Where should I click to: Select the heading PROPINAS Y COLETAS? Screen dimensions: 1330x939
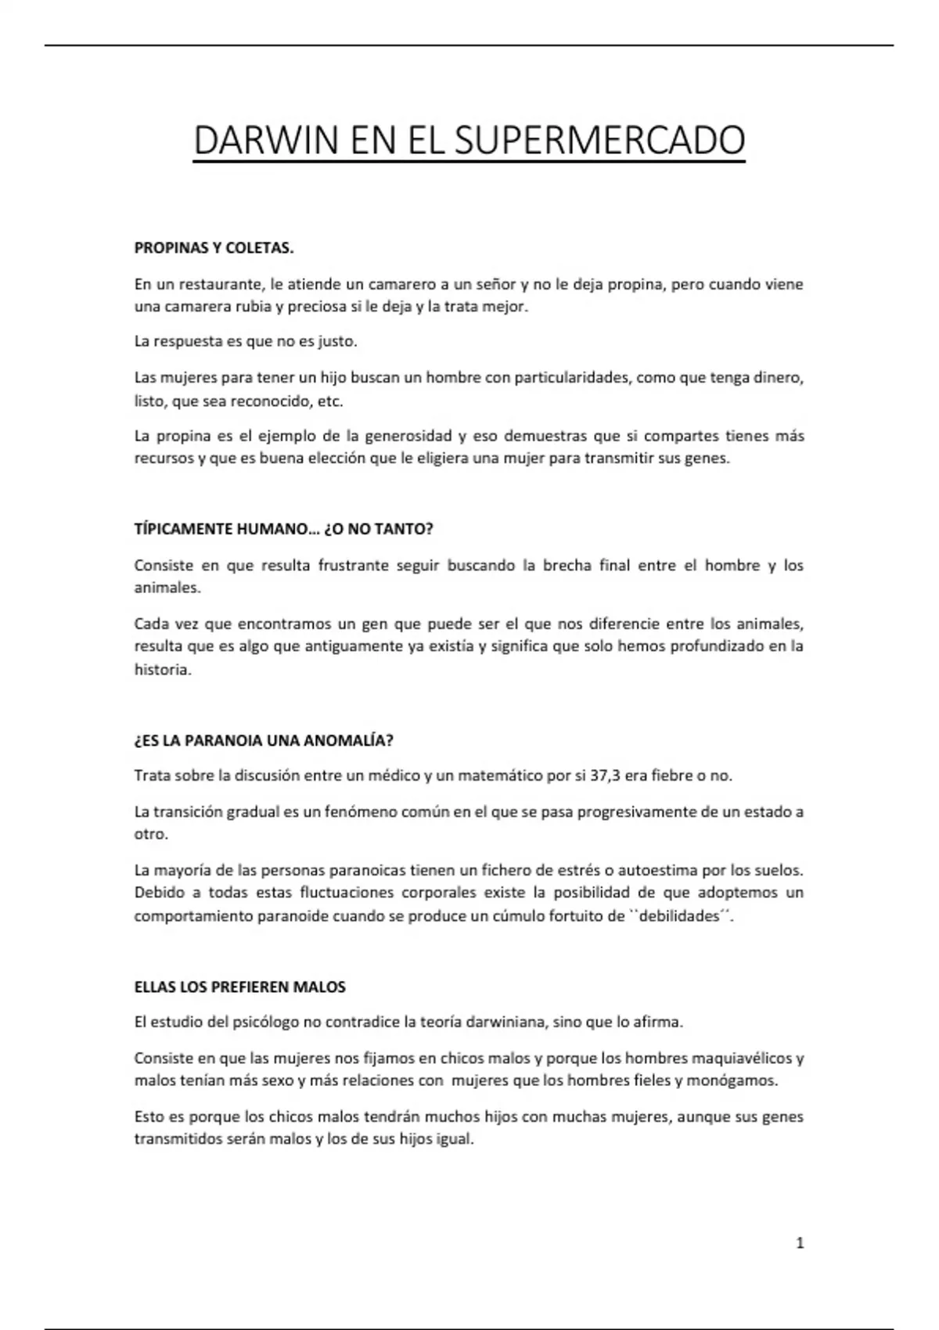(214, 248)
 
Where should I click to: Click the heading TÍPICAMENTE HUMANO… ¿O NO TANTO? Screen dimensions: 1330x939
(283, 529)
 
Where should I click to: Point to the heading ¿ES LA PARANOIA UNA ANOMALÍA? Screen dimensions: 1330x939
(264, 740)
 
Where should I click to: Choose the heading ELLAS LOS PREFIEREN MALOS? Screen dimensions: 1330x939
(239, 987)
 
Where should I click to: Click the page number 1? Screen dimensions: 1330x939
(800, 1242)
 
